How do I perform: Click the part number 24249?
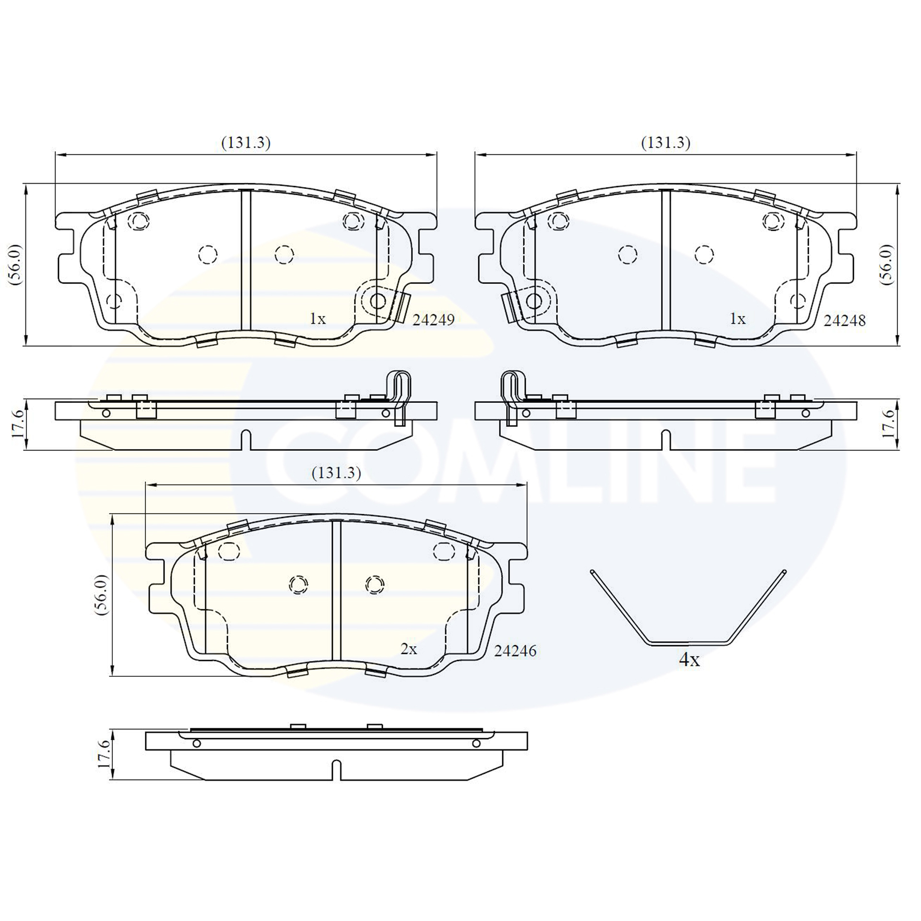(434, 320)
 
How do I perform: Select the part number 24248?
(845, 320)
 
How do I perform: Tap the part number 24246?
(515, 651)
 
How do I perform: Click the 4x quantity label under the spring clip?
(689, 661)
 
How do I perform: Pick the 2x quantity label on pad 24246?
(409, 649)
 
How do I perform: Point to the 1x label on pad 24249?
(318, 319)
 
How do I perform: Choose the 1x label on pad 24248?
(737, 319)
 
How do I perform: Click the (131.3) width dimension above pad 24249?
(246, 143)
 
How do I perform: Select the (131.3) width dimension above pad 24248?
(666, 143)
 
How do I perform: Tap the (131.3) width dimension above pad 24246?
(336, 473)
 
